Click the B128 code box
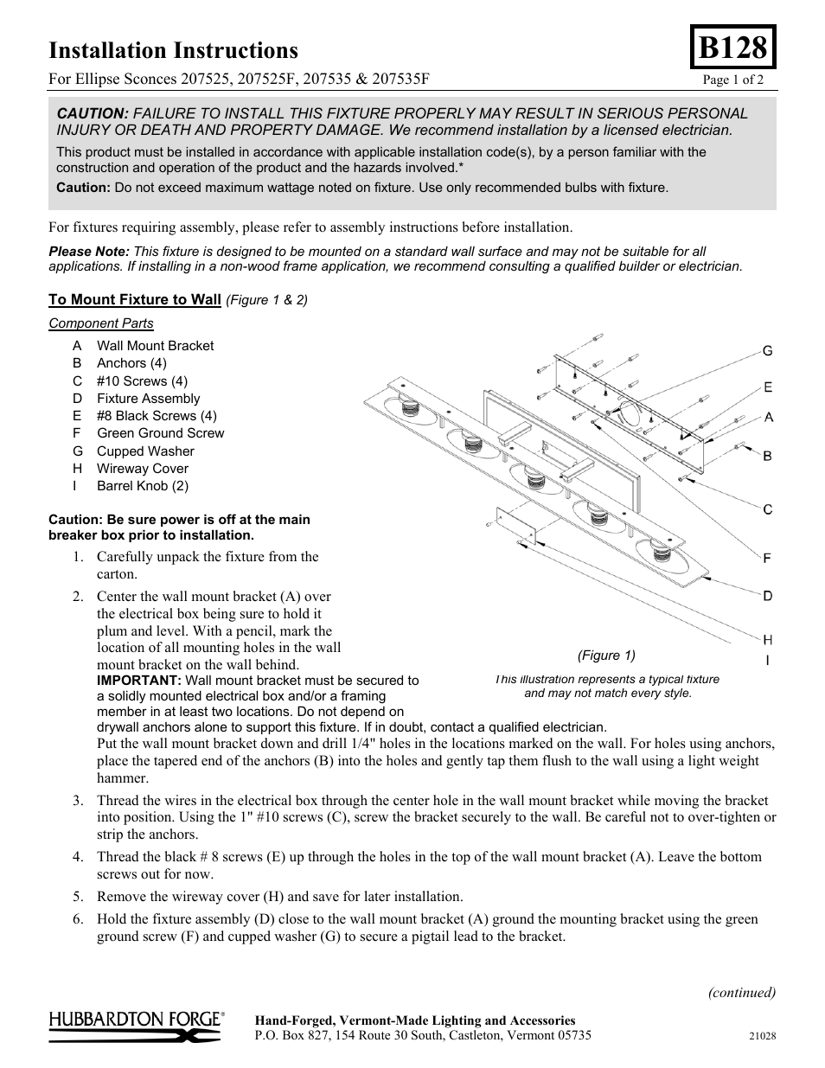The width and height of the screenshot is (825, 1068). coord(732,48)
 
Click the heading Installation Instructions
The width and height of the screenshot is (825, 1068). coord(173,51)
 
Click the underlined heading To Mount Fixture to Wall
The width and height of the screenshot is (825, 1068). coord(135,299)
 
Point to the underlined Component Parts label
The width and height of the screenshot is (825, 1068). coord(101,323)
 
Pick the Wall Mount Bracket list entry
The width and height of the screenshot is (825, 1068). coord(155,345)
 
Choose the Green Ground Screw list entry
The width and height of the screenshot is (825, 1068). coord(160,433)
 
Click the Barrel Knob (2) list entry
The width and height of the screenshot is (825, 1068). coord(142,486)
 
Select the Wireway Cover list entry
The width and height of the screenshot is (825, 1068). coord(143,469)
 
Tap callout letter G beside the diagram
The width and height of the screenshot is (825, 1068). coord(767,351)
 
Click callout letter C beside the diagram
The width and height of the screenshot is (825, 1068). coord(767,509)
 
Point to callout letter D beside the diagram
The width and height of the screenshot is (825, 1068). coord(767,596)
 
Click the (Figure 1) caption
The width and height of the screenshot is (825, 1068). coord(606,656)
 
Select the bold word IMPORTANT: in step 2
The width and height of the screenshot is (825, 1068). coord(139,681)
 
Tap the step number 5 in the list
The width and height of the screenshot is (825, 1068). coord(78,897)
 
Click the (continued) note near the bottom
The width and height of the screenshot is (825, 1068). coord(742,992)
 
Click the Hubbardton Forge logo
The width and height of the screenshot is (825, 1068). coord(137,1026)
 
